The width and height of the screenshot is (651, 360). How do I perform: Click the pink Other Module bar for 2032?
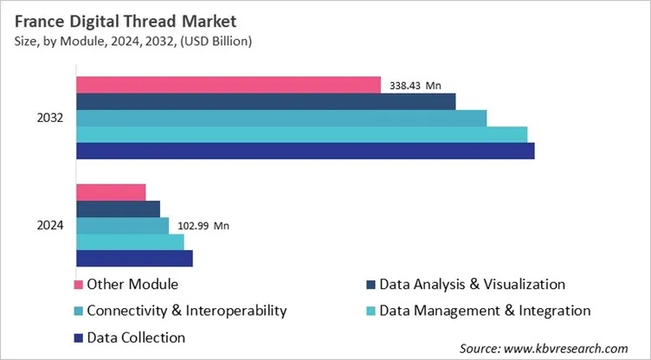pyautogui.click(x=229, y=85)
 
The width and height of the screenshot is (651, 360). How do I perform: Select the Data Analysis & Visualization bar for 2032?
pyautogui.click(x=266, y=101)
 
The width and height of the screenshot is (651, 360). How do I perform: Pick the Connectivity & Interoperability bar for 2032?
pyautogui.click(x=281, y=118)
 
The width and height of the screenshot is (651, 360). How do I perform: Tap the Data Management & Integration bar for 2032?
pyautogui.click(x=301, y=134)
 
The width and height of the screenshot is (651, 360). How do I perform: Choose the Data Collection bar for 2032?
pyautogui.click(x=305, y=151)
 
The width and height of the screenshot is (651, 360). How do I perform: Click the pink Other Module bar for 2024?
pyautogui.click(x=111, y=192)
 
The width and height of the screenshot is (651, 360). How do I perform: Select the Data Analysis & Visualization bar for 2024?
pyautogui.click(x=118, y=209)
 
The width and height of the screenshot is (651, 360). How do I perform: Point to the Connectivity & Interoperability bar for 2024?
pyautogui.click(x=122, y=225)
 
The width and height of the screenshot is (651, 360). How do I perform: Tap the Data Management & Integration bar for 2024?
pyautogui.click(x=130, y=241)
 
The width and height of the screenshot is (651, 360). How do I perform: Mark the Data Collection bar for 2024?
pyautogui.click(x=134, y=258)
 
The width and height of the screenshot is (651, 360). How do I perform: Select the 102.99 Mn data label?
pyautogui.click(x=203, y=226)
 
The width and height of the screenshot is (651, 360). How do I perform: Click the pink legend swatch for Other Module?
pyautogui.click(x=80, y=285)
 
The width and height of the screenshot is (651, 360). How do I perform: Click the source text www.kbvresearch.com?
pyautogui.click(x=545, y=348)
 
